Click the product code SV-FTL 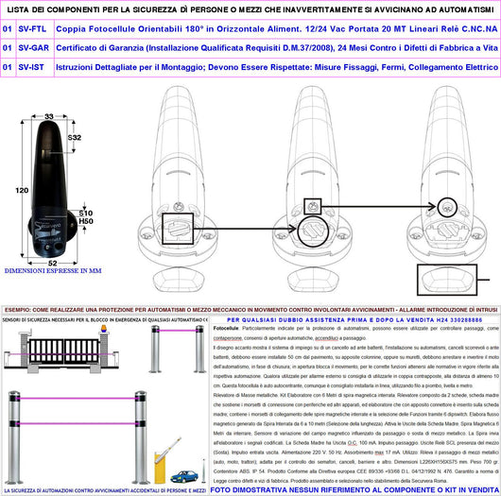pyautogui.click(x=33, y=28)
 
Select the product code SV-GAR pyautogui.click(x=34, y=47)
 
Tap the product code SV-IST pyautogui.click(x=33, y=67)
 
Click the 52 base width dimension pyautogui.click(x=51, y=262)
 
